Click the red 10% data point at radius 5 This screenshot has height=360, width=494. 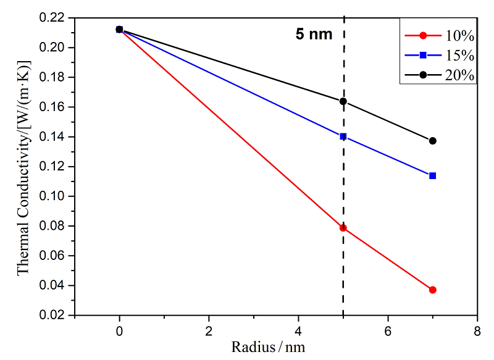pos(343,228)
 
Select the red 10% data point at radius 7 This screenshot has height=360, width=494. pos(433,290)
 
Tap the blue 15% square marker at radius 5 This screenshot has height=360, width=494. pos(343,136)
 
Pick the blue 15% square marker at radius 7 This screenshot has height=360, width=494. pos(433,176)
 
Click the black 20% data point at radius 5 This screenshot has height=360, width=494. pos(343,101)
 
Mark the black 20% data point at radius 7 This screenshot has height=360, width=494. pos(433,141)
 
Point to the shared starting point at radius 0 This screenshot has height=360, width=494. pos(119,29)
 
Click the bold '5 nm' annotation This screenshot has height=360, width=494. pos(314,35)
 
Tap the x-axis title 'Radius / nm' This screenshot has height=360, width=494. pos(268,346)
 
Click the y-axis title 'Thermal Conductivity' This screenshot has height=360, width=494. pos(23,167)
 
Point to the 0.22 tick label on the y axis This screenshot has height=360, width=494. pos(53,18)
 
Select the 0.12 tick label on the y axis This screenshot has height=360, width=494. pos(53,167)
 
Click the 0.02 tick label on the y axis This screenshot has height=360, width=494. pos(53,316)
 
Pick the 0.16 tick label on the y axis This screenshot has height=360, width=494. pos(53,107)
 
